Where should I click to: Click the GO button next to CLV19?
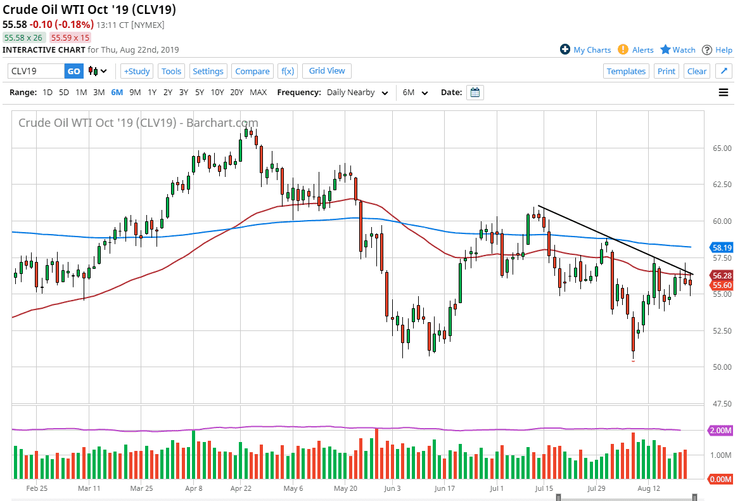click(x=74, y=71)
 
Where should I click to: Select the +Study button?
click(x=137, y=71)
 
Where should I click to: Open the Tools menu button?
click(x=171, y=71)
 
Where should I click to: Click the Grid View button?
click(x=327, y=70)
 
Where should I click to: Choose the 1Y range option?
click(x=152, y=93)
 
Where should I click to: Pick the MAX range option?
click(x=258, y=93)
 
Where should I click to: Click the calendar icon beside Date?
click(x=475, y=93)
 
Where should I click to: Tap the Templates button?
click(x=626, y=71)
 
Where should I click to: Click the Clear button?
click(x=697, y=71)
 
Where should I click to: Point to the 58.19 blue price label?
click(x=722, y=247)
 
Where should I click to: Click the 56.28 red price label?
click(x=722, y=276)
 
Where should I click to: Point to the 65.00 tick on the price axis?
click(x=722, y=148)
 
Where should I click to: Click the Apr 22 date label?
click(x=241, y=488)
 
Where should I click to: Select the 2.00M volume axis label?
click(x=722, y=431)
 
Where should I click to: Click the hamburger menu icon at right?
click(x=724, y=93)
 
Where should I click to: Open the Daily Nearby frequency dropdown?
click(x=357, y=93)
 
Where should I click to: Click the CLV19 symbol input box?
click(x=36, y=71)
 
